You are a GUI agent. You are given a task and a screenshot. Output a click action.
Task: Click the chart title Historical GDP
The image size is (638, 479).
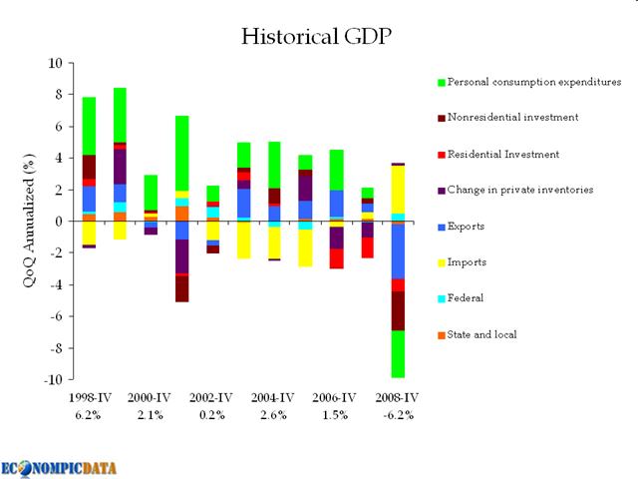[x=318, y=37]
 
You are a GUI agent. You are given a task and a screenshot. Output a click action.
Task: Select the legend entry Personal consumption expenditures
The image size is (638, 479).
[x=534, y=82]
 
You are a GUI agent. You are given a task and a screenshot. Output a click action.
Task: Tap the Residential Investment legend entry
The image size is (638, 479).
[x=503, y=155]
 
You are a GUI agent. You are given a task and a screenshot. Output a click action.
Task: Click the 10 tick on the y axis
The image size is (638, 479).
[x=55, y=63]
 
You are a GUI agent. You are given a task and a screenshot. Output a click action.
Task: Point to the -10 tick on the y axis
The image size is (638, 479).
[x=52, y=380]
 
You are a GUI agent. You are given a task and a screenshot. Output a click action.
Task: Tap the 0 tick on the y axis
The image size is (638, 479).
[x=58, y=222]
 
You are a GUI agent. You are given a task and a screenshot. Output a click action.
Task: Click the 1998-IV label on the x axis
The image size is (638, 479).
[x=89, y=397]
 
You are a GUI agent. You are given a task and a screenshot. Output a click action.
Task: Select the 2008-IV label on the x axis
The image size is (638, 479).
[x=398, y=397]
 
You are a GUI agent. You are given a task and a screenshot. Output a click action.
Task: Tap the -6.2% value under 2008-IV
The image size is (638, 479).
[x=398, y=414]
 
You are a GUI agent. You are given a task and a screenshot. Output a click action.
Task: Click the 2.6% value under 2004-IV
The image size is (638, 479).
[x=274, y=414]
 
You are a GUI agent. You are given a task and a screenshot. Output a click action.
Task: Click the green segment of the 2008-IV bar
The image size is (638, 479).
[x=398, y=354]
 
